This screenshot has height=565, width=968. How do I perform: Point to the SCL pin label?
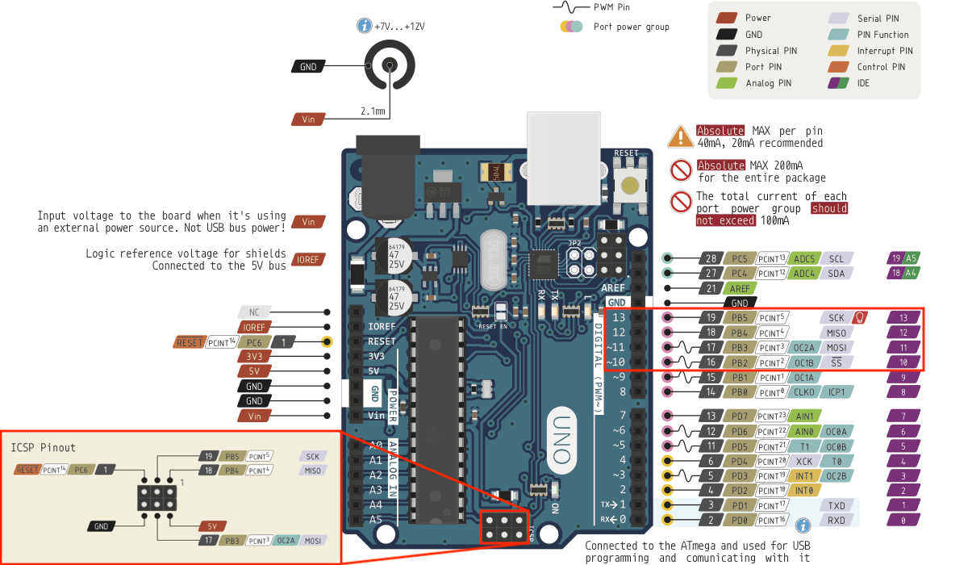[x=836, y=258]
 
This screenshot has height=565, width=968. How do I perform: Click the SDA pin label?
[x=836, y=274]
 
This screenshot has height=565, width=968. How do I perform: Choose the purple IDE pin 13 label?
[x=903, y=318]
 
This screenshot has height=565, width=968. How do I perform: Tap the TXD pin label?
[x=837, y=505]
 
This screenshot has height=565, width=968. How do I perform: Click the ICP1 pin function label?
[x=836, y=392]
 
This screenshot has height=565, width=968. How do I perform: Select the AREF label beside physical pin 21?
[x=739, y=288]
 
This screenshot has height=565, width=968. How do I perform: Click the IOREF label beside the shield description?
[x=308, y=259]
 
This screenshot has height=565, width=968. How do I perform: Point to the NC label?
[x=254, y=312]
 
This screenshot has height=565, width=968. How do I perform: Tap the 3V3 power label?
[x=254, y=356]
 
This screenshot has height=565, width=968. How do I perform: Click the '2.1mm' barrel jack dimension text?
[x=373, y=111]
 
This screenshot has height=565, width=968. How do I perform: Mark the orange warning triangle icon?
[x=681, y=136]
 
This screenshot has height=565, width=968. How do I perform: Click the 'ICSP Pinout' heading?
[x=44, y=447]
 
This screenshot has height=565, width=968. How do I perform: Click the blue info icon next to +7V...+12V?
[x=364, y=26]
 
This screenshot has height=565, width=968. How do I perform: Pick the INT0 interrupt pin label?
[x=803, y=490]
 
